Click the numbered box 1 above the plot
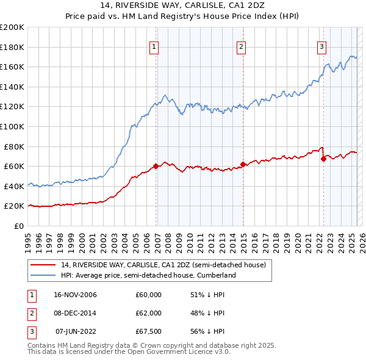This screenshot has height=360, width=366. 154,46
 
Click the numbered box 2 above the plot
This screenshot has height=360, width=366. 241,46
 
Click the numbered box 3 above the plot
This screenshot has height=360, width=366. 321,46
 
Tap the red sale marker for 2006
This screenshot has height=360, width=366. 156,166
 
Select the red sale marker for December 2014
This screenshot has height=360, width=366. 243,164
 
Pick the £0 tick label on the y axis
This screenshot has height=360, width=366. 18,226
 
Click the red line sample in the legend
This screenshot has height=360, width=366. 44,265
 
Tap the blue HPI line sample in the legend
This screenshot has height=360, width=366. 44,276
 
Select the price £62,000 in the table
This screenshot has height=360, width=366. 148,313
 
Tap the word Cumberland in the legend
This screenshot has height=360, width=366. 217,276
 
